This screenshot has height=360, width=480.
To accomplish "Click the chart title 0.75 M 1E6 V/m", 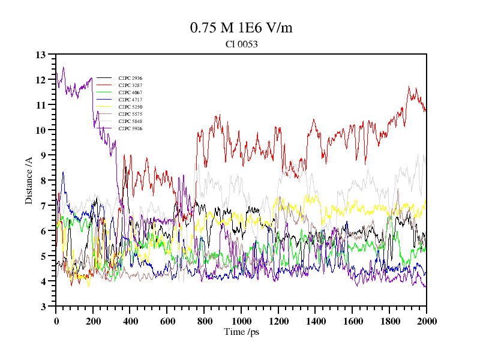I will coord(241,28).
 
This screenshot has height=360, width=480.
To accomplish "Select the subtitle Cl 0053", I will coord(241,44).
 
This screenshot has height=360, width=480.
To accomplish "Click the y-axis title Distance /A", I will coord(29,180).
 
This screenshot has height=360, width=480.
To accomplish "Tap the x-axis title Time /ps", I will coord(241,332).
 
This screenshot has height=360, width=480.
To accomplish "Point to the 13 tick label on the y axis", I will coord(41,55).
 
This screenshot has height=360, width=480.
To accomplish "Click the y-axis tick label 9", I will coord(43,155).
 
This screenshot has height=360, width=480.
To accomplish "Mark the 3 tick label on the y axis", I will coord(43,307).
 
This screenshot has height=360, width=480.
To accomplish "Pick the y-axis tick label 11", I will coord(41,105).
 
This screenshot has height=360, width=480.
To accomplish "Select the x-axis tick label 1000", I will coord(241,321).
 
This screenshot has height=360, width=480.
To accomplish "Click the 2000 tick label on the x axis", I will coord(427,321).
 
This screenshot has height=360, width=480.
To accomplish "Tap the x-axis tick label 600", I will coord(167,321).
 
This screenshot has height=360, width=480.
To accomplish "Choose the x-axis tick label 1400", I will coord(316,321).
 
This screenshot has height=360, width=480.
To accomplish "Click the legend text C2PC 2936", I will coord(130,78).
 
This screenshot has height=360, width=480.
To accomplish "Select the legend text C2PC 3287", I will coord(130,85).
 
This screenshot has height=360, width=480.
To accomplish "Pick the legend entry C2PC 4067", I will coord(130,92).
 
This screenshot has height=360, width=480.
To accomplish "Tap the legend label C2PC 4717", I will coord(130,100).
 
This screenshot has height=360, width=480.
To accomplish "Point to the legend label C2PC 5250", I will coord(130,107).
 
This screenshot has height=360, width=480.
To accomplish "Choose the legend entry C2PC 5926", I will coord(130,128).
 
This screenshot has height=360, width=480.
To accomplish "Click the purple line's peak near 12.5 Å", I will coord(63,67).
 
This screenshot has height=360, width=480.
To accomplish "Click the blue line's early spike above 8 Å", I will coord(62,173).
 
